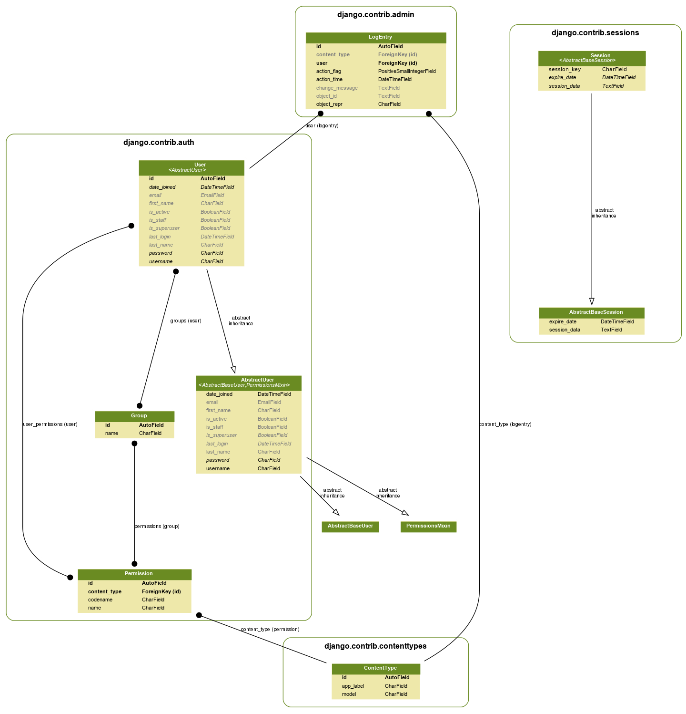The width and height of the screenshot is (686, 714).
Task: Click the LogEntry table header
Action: (376, 38)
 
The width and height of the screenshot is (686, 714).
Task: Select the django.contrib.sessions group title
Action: (595, 33)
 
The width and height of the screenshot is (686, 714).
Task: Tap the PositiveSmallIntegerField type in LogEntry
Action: (407, 71)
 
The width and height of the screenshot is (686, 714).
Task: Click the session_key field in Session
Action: (565, 69)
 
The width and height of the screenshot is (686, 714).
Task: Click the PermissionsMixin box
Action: (428, 527)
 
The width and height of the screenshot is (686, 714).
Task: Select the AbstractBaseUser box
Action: (350, 527)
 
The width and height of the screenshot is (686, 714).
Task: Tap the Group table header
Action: (134, 416)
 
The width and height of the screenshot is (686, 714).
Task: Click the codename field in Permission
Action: (100, 600)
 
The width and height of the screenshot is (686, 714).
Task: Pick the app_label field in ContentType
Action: (353, 686)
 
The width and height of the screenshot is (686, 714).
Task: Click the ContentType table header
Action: (376, 669)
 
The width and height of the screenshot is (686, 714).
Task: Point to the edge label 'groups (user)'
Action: (186, 321)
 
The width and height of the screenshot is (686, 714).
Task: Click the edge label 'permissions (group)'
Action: (157, 527)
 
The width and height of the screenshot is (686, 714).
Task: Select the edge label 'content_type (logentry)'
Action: (505, 424)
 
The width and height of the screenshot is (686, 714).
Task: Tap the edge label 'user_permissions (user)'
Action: (50, 424)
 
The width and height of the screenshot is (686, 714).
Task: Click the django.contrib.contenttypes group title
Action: (375, 646)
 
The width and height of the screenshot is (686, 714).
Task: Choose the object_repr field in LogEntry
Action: (329, 104)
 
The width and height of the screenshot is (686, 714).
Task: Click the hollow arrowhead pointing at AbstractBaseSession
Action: (592, 301)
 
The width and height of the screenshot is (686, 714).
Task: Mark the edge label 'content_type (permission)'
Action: (270, 630)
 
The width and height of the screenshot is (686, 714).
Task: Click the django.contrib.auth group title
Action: (159, 143)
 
